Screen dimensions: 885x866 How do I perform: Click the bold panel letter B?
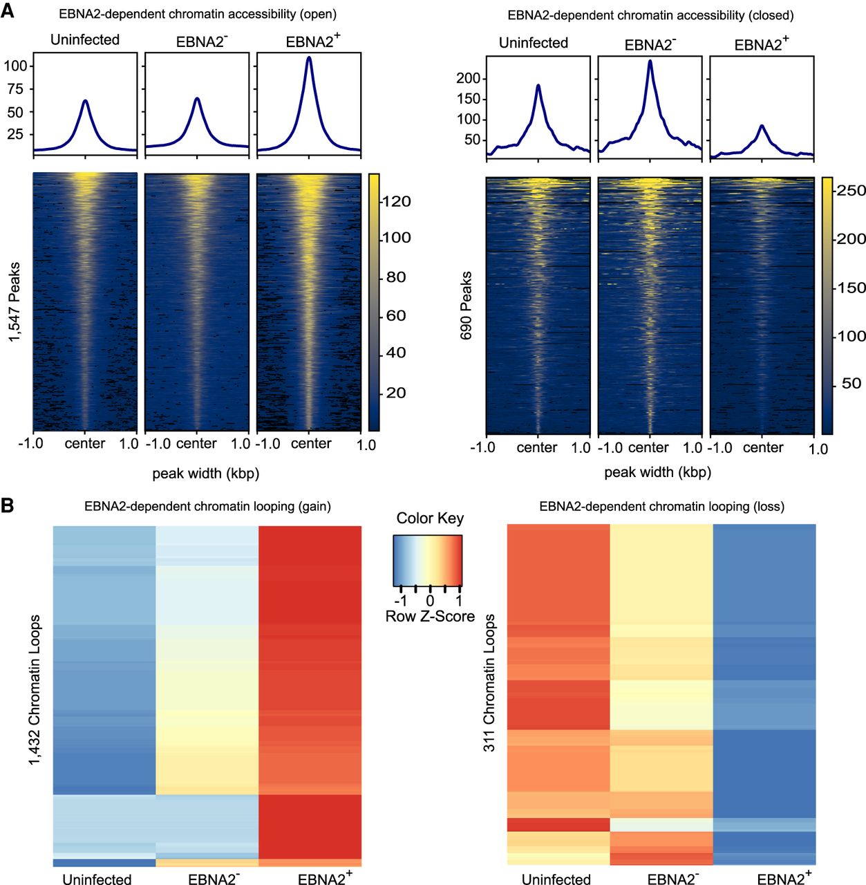tap(8, 505)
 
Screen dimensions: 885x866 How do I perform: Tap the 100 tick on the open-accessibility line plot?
tap(16, 66)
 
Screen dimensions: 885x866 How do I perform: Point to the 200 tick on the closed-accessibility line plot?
tap(468, 78)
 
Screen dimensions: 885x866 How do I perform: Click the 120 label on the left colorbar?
tap(397, 201)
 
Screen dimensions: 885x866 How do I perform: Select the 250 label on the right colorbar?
tap(850, 190)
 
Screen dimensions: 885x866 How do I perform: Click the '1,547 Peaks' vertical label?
tap(15, 301)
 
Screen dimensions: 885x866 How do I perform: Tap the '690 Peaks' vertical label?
tap(467, 306)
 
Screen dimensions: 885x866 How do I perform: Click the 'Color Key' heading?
tap(430, 519)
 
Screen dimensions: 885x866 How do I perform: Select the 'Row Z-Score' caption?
tap(430, 617)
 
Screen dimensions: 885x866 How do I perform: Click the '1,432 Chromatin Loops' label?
tap(35, 690)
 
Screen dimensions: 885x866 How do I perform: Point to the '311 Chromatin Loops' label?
tap(489, 683)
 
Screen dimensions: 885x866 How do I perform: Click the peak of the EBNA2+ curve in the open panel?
tap(309, 58)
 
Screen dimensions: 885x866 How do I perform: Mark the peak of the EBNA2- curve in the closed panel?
tap(650, 62)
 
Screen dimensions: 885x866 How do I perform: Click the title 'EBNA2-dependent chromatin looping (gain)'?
tap(207, 507)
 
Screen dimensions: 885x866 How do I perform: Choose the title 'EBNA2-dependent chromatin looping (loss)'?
tap(661, 507)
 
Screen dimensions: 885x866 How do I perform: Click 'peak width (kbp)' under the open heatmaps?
tap(206, 474)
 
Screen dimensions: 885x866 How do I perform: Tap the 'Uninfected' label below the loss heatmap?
tap(556, 879)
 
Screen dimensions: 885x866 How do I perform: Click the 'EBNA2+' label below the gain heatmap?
tap(325, 879)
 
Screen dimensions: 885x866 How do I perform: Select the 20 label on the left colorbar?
tap(396, 393)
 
